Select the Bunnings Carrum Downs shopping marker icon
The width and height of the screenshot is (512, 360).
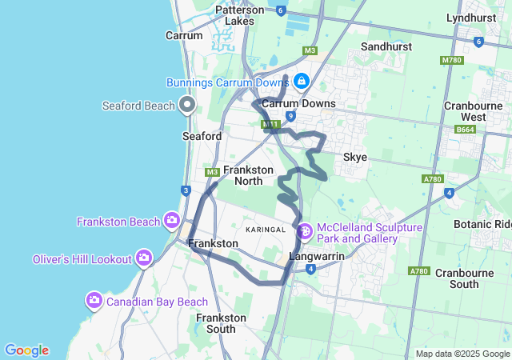pyautogui.click(x=302, y=82)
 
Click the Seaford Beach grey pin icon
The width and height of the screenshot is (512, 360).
pyautogui.click(x=188, y=105)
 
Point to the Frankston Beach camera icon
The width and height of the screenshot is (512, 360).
pyautogui.click(x=171, y=220)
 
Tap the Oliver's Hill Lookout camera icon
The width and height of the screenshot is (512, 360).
pyautogui.click(x=144, y=258)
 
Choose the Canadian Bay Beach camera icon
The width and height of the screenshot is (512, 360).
pyautogui.click(x=94, y=300)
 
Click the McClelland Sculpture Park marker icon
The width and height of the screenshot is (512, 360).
pyautogui.click(x=305, y=232)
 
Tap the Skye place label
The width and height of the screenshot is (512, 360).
pyautogui.click(x=355, y=157)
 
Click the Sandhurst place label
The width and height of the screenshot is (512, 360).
pyautogui.click(x=386, y=47)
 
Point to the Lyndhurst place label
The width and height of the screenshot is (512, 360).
pyautogui.click(x=472, y=17)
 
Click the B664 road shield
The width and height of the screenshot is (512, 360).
pyautogui.click(x=466, y=129)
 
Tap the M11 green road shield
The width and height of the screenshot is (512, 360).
pyautogui.click(x=269, y=124)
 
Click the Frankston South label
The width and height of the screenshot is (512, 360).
pyautogui.click(x=221, y=323)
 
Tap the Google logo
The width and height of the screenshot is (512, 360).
pyautogui.click(x=26, y=350)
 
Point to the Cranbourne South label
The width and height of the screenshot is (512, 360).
pyautogui.click(x=468, y=278)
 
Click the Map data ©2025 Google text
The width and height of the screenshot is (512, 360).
pyautogui.click(x=462, y=354)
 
